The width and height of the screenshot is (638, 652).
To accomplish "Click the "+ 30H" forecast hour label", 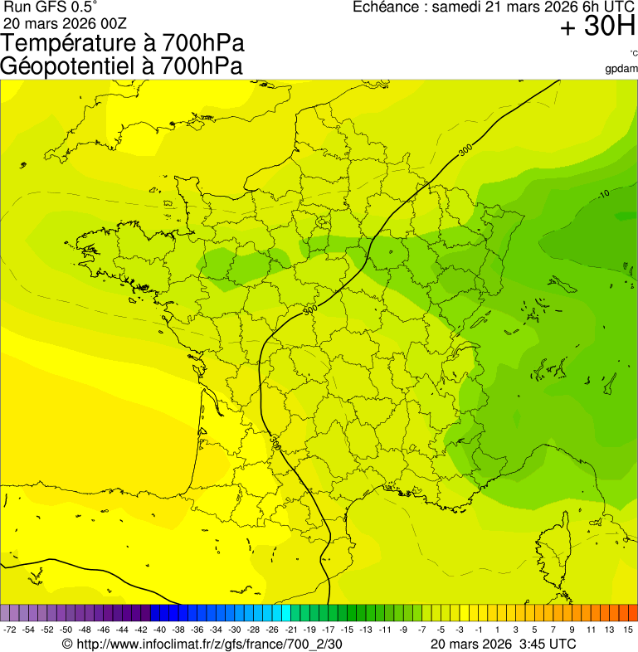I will tap(597, 27).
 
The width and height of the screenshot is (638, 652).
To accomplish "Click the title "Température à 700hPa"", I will tap(123, 43).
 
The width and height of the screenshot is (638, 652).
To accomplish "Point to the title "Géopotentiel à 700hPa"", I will tap(121, 66).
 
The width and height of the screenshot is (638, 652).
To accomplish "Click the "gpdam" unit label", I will tap(621, 68).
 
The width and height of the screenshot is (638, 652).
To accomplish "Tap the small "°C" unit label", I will tap(633, 54).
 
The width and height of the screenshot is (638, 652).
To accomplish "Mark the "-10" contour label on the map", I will tap(603, 194).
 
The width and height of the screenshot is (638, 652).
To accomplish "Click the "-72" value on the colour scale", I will tap(10, 630).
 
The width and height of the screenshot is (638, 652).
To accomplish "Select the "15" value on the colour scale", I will tap(629, 630).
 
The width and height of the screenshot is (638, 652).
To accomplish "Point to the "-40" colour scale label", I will tap(158, 630).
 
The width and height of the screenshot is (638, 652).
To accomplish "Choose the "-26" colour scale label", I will tap(270, 630).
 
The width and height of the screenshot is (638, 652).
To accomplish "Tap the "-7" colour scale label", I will tap(421, 630).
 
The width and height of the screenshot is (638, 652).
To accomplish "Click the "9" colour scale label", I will tap(572, 630).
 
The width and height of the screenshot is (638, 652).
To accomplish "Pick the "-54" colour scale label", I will tap(28, 630).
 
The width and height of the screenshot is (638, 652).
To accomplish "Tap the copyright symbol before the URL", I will tap(67, 643).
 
